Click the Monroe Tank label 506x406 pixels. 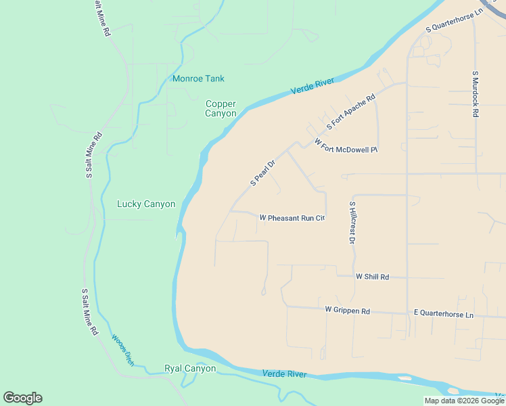[198, 78]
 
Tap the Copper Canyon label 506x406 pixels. [221, 109]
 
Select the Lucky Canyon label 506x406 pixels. [146, 204]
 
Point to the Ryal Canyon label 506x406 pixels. [190, 369]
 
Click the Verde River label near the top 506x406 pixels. [313, 87]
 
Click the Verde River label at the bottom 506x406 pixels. [284, 374]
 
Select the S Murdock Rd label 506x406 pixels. [475, 94]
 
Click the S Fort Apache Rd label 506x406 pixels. [350, 112]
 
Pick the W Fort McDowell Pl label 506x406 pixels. [346, 145]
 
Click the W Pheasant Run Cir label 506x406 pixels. [292, 218]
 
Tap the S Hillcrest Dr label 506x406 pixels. [352, 222]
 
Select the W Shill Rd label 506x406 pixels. [372, 277]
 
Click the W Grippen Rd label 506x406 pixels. [347, 311]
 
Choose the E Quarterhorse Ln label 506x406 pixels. [444, 315]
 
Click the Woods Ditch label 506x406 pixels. [122, 351]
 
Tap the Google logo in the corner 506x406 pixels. [22, 398]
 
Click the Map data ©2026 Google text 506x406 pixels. [465, 401]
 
